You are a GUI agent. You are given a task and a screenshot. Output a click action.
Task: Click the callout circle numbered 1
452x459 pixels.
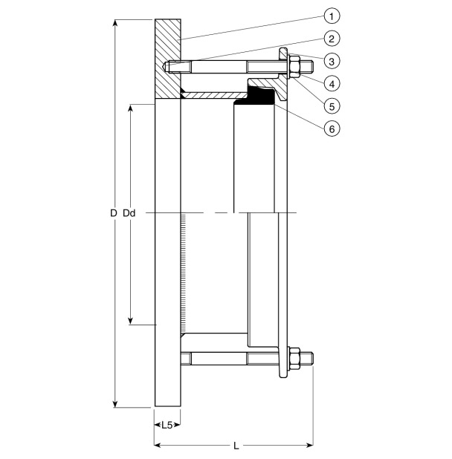[x=332, y=14]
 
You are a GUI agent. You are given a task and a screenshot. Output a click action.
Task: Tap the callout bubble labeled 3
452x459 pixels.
[x=332, y=59]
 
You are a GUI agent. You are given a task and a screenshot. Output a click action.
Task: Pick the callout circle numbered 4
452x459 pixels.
[x=332, y=82]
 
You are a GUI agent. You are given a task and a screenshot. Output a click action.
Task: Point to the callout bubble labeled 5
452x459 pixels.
[x=332, y=105]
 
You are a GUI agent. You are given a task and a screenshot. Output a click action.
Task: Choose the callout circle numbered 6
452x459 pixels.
[x=332, y=128]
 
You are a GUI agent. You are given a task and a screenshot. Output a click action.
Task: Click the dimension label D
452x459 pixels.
[x=113, y=214]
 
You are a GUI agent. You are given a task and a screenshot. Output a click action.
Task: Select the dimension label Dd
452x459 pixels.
[x=129, y=214]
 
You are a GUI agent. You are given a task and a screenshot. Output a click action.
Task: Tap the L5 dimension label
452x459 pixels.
[x=167, y=426]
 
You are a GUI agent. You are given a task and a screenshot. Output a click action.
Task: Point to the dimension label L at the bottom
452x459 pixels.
[x=236, y=446]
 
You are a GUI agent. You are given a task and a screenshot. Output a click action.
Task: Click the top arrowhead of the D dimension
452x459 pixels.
[x=114, y=22]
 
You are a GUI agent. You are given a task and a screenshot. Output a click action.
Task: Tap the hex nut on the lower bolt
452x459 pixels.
[x=294, y=359]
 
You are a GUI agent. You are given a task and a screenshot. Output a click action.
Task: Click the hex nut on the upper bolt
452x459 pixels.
[x=294, y=68]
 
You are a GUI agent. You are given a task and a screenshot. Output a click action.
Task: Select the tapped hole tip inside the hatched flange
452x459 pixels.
[x=168, y=67]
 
